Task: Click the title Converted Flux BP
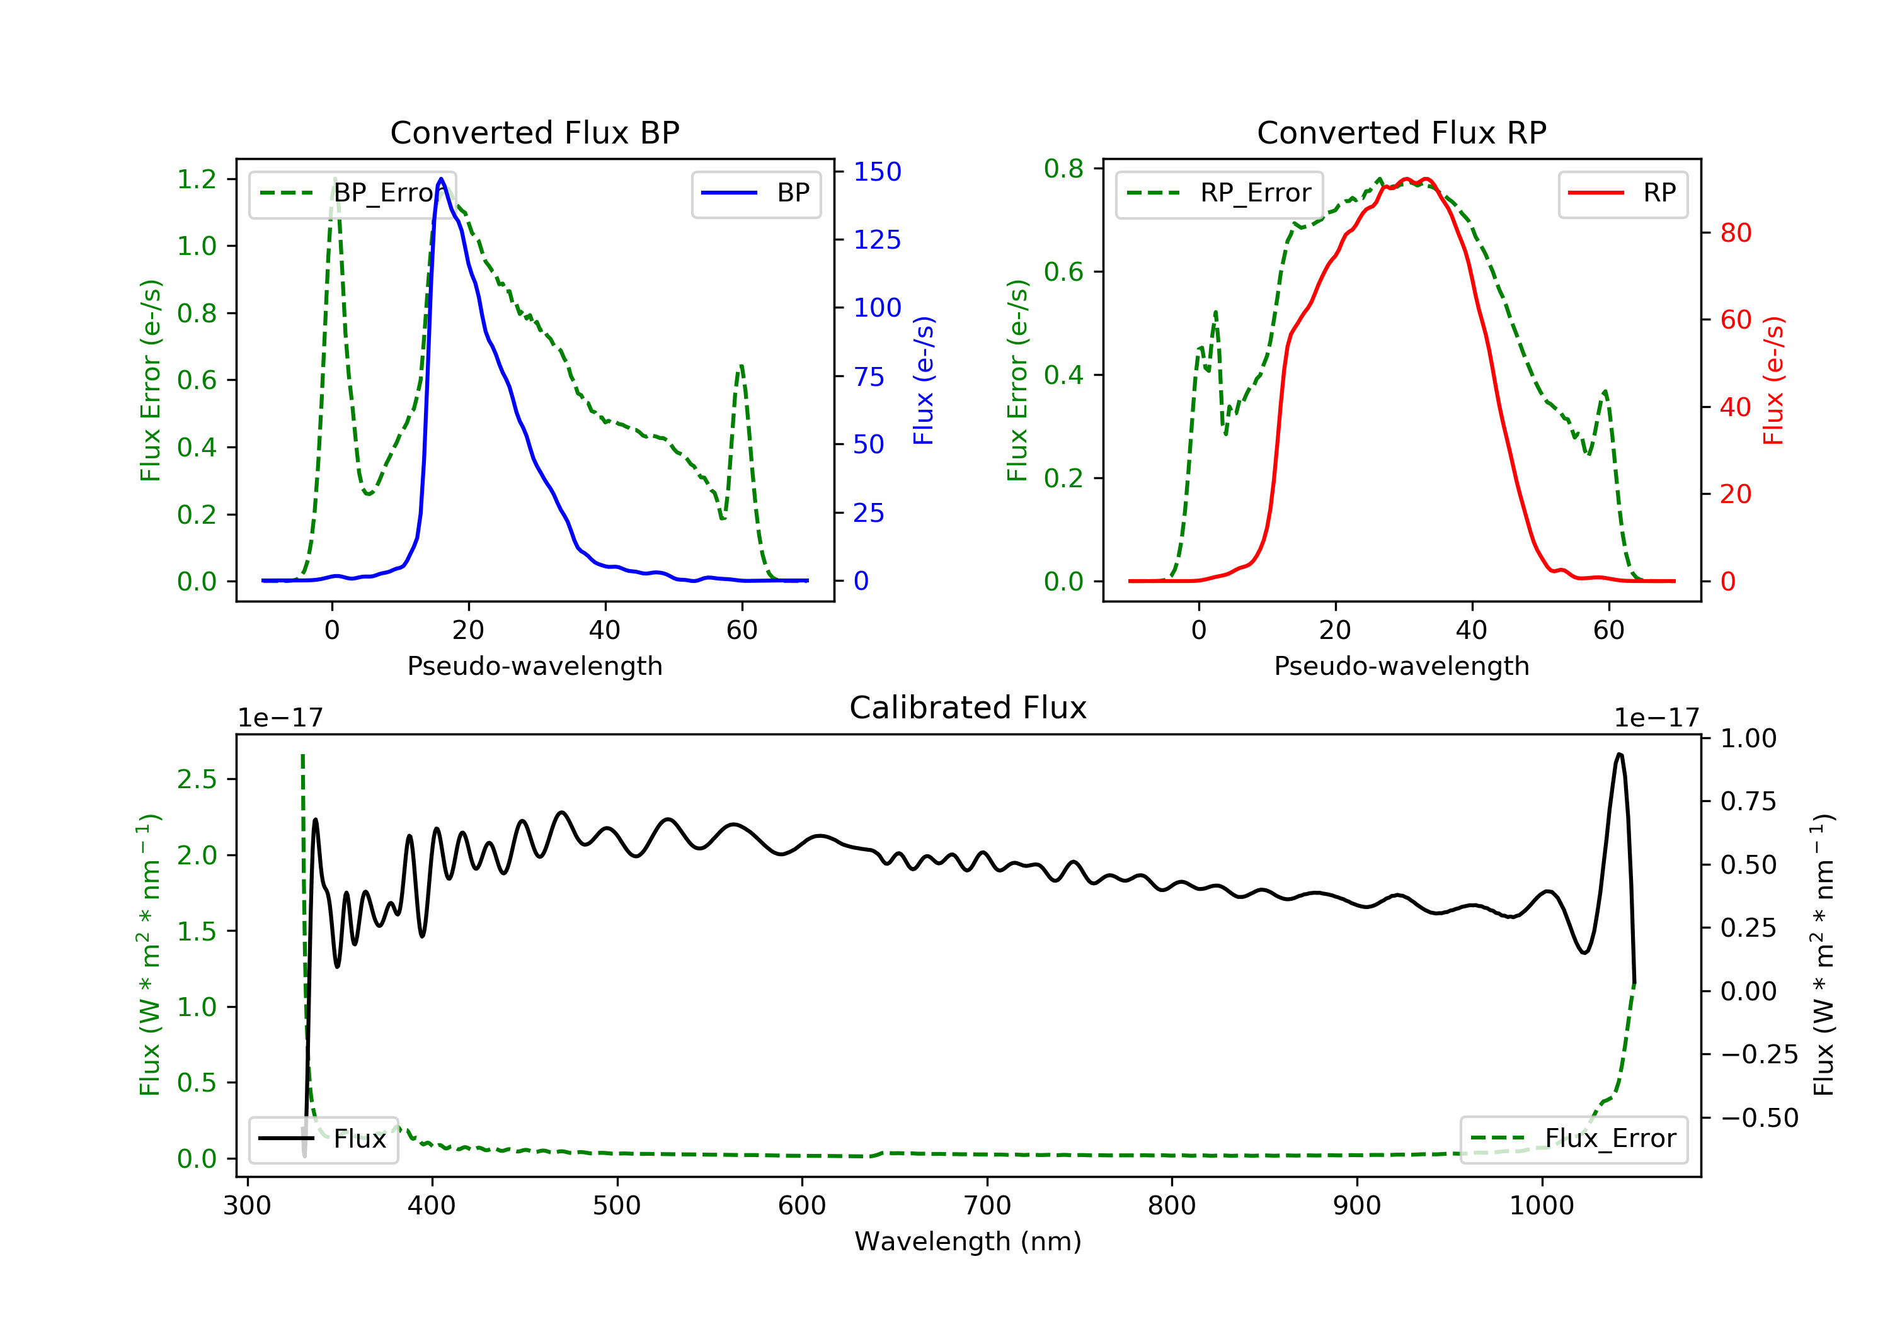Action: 535,132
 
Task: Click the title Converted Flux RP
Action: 1402,132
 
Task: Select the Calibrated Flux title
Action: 968,708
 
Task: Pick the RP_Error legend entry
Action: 1219,193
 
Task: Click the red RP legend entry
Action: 1622,193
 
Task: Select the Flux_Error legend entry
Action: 1573,1139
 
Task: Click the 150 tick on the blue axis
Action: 878,171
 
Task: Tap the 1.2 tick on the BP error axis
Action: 197,179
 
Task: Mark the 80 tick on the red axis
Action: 1736,233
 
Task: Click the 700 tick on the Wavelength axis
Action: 987,1206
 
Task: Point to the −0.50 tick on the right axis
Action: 1758,1118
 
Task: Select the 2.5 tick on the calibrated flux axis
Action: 197,779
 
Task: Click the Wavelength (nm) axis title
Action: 968,1241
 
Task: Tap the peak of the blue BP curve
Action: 441,179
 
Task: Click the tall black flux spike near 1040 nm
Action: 1619,754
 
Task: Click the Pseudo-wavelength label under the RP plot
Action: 1402,665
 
